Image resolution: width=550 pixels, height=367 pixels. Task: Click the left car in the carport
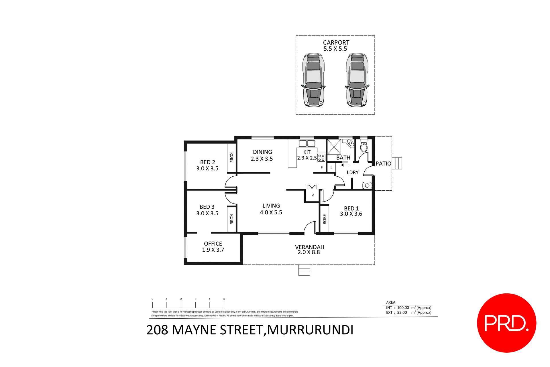314,80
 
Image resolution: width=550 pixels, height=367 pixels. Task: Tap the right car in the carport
357,80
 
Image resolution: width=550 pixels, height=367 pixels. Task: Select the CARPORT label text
336,42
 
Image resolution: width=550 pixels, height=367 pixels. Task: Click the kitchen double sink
307,143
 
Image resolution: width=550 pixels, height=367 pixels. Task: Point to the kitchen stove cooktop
321,158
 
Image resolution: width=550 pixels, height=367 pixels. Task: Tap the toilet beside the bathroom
364,146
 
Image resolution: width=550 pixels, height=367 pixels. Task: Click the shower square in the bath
334,147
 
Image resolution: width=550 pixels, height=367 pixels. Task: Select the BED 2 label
207,162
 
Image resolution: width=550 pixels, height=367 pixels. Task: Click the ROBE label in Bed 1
325,219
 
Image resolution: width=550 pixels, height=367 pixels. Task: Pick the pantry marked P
313,196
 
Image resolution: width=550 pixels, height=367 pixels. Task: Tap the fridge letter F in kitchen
322,168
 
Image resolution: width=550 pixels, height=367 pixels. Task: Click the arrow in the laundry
345,165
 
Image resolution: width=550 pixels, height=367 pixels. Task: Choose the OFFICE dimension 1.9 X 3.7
213,250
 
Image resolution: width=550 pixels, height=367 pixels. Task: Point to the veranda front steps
304,270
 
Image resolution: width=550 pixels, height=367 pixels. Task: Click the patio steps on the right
397,163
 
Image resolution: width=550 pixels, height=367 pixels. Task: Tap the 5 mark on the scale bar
224,299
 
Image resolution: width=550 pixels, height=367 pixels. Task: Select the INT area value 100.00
403,308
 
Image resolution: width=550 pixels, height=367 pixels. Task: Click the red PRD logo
506,323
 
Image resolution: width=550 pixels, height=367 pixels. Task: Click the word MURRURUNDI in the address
310,330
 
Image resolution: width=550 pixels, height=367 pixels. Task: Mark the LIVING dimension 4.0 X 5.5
271,212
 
